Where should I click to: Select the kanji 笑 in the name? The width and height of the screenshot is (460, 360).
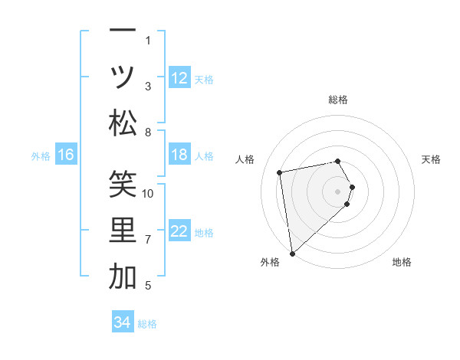pyautogui.click(x=123, y=184)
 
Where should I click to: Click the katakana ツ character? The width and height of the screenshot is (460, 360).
pyautogui.click(x=123, y=77)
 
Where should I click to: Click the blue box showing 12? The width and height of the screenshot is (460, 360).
pyautogui.click(x=179, y=78)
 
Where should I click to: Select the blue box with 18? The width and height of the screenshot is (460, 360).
pyautogui.click(x=179, y=155)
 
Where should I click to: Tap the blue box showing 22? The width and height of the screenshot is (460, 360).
pyautogui.click(x=179, y=232)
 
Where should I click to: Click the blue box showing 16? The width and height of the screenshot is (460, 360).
pyautogui.click(x=66, y=155)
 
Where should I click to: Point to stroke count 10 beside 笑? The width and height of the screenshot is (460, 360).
pyautogui.click(x=149, y=193)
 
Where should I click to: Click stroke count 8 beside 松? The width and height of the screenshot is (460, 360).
pyautogui.click(x=148, y=133)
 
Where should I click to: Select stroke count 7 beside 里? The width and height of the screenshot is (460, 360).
pyautogui.click(x=148, y=240)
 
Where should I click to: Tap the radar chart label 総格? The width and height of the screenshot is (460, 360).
pyautogui.click(x=338, y=100)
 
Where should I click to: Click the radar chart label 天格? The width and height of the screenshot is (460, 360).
pyautogui.click(x=431, y=159)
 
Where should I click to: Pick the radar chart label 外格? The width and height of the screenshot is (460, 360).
pyautogui.click(x=270, y=262)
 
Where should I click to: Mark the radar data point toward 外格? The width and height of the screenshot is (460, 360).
pyautogui.click(x=292, y=253)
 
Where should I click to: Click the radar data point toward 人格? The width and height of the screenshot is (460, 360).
pyautogui.click(x=280, y=172)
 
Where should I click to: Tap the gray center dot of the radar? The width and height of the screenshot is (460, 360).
pyautogui.click(x=338, y=190)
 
